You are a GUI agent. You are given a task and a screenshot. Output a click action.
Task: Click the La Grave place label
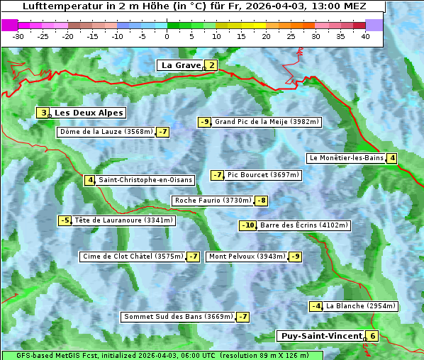click(181, 65)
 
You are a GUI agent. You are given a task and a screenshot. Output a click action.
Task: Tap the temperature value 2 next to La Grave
click(211, 65)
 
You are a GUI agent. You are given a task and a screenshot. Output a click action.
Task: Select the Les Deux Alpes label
click(89, 113)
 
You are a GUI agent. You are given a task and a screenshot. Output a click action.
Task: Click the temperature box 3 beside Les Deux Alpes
click(43, 113)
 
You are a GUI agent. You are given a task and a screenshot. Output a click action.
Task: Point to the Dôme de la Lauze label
click(106, 132)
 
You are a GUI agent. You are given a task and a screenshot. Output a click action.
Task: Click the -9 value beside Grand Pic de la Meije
click(204, 122)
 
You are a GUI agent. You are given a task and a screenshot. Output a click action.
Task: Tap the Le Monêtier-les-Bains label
click(346, 158)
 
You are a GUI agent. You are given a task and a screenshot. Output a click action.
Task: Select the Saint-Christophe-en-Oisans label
click(145, 180)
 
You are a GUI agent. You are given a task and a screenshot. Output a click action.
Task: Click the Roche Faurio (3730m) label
click(212, 201)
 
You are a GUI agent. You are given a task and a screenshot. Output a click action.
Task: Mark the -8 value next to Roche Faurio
click(261, 201)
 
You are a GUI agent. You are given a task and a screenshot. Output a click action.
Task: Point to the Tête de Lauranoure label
click(123, 220)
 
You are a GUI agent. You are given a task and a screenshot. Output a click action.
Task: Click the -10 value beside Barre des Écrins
click(247, 225)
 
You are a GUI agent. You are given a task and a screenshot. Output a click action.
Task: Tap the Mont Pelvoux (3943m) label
click(247, 257)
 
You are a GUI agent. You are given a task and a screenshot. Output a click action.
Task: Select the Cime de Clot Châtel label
click(132, 257)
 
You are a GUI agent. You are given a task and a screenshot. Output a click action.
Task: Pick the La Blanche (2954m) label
click(361, 306)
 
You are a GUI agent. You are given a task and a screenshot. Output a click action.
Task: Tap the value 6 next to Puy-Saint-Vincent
click(372, 336)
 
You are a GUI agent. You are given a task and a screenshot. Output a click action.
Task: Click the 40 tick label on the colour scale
click(364, 35)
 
